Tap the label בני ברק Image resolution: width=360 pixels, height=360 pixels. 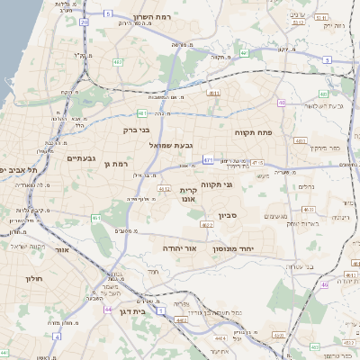coord(136,130)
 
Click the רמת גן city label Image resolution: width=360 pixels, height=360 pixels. coord(118,164)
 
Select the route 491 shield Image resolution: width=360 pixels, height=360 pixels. coord(213,93)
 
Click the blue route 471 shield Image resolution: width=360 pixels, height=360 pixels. coord(208,160)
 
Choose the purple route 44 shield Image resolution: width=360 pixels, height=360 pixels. coord(108,309)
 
